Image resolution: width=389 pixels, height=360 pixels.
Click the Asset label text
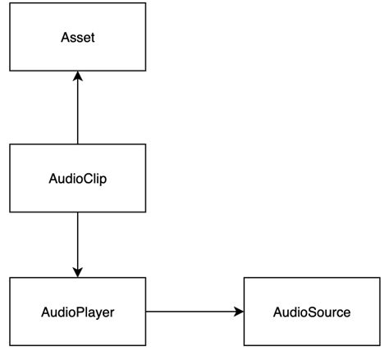coord(77,38)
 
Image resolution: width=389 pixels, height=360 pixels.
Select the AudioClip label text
coord(77,179)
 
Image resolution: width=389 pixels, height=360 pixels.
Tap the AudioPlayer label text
coord(77,312)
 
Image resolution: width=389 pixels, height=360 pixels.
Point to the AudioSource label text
coord(312,312)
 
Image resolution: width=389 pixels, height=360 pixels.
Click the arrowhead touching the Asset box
coord(77,77)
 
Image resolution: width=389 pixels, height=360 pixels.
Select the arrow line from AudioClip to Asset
coord(77,111)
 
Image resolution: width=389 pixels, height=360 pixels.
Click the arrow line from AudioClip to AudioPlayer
coord(77,242)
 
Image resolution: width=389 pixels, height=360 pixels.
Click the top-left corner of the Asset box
coord(9,3)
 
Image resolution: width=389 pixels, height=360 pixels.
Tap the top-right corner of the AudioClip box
coord(146,144)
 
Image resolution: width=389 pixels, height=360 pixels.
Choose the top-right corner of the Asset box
coord(146,3)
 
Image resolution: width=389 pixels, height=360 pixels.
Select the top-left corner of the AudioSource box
coord(244,278)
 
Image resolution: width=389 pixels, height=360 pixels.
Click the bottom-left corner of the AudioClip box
coord(9,212)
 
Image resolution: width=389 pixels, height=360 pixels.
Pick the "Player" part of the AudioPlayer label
coord(94,312)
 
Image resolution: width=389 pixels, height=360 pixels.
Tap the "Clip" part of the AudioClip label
coord(94,179)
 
